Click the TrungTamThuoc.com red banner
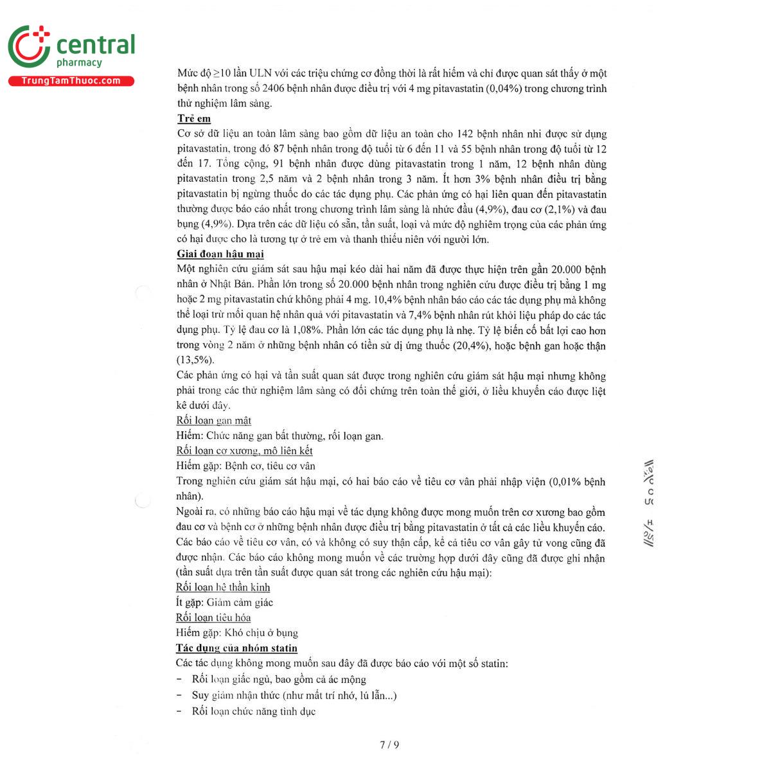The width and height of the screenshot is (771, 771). pos(71,81)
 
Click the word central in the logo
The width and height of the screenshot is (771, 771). pos(96,45)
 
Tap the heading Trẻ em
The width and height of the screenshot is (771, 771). pos(193,119)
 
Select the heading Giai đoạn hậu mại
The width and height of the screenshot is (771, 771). pos(220,254)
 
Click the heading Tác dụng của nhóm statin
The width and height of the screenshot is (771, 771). pos(236,648)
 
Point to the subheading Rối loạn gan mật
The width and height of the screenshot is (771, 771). pos(213,421)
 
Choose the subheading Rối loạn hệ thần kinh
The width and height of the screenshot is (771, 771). pos(223,587)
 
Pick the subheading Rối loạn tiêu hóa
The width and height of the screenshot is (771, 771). pos(213,618)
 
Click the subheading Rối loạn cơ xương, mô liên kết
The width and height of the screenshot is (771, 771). pos(244,451)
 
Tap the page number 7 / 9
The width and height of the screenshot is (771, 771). pos(389,745)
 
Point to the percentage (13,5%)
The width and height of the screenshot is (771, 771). pos(195,360)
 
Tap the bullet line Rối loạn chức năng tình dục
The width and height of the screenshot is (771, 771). pos(253,711)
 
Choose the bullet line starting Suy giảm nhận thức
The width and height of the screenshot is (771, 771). pos(294,695)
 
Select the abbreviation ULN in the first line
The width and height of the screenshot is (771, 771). pos(261,73)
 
